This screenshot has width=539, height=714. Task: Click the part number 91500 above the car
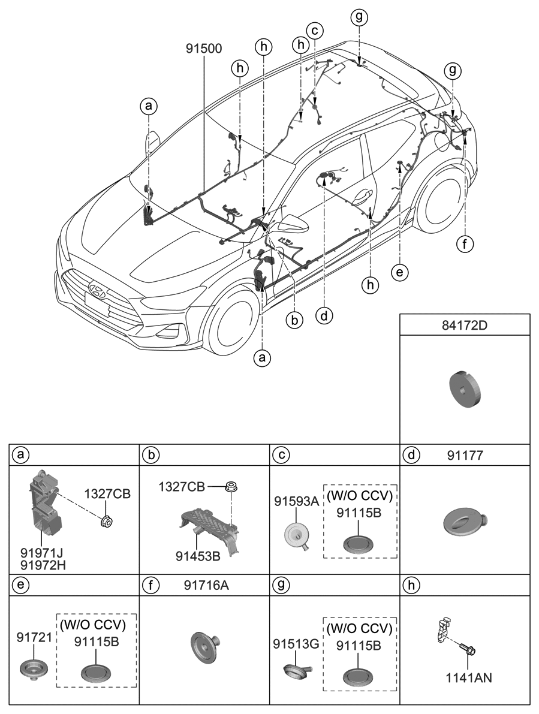(204, 49)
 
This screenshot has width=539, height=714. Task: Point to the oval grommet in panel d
(464, 520)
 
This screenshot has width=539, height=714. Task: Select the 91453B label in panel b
(198, 556)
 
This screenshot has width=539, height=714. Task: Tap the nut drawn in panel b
(230, 487)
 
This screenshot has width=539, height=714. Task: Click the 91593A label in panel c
(296, 501)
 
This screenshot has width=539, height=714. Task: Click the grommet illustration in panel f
(206, 647)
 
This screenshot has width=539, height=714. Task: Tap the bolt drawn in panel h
(466, 649)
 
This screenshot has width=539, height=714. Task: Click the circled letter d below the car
(324, 315)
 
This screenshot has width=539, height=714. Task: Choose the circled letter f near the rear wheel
(465, 244)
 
